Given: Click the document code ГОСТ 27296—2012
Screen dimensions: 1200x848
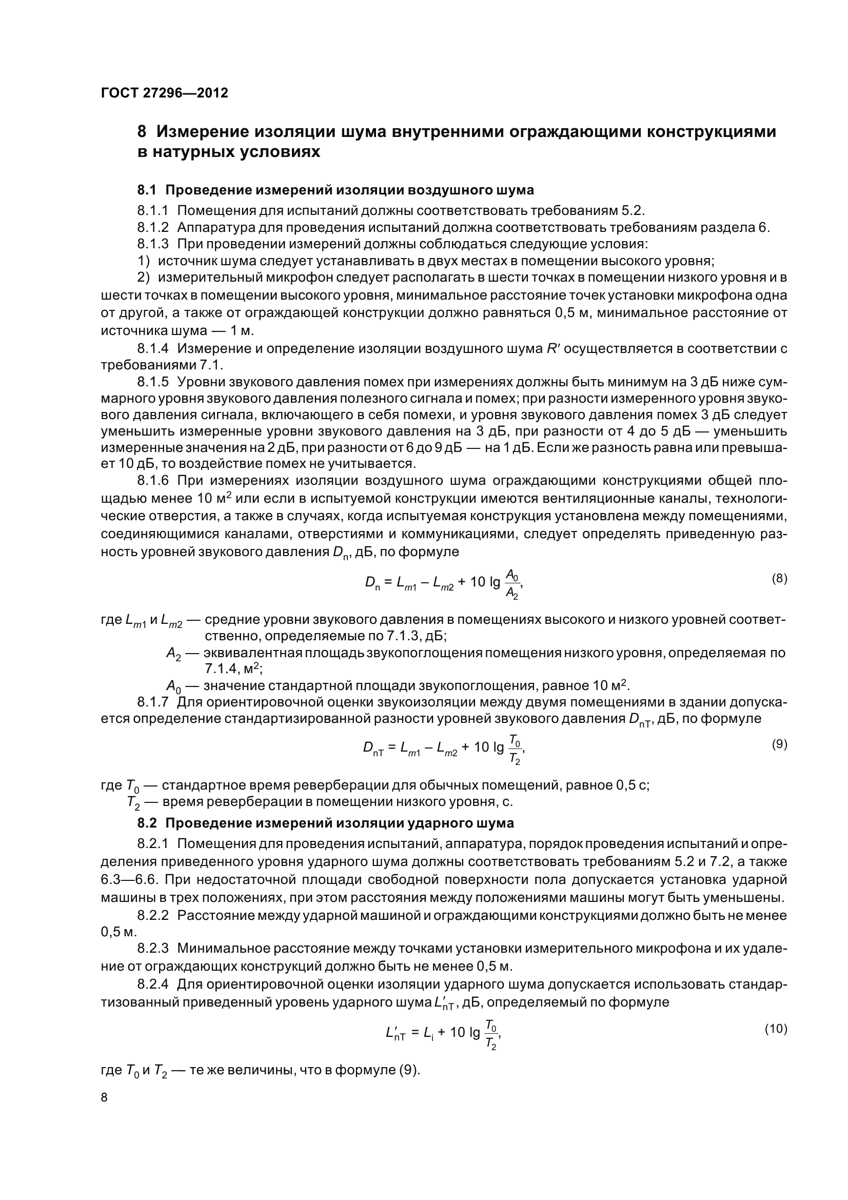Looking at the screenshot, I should click(164, 93).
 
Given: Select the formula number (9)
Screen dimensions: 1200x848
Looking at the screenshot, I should click(779, 744).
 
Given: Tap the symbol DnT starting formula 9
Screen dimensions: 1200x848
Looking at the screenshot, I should click(373, 749).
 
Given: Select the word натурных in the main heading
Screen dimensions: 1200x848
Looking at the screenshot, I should click(191, 152).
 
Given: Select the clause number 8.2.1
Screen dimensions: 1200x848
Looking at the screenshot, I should click(153, 843).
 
